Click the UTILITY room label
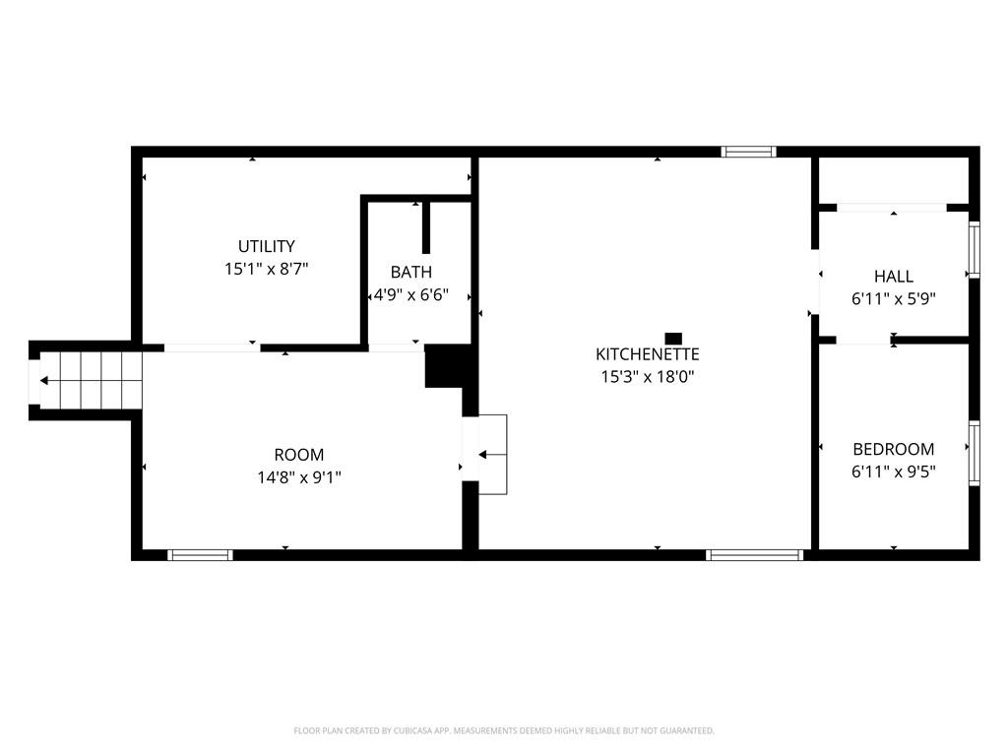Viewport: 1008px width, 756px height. pos(266,246)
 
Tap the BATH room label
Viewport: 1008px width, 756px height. pos(410,272)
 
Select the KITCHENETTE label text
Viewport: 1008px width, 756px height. pos(648,354)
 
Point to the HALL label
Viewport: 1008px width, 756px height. pos(894,277)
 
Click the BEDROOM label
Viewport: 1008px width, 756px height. pos(894,449)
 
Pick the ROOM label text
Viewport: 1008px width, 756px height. pos(298,455)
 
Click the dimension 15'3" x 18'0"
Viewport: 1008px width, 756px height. pos(648,376)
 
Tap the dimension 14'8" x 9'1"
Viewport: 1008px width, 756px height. pos(298,477)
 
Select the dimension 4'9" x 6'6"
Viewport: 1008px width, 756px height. pos(410,294)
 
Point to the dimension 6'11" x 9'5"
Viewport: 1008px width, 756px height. pos(894,472)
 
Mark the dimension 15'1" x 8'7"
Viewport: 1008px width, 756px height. pos(266,268)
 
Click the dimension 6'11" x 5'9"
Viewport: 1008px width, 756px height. pos(894,299)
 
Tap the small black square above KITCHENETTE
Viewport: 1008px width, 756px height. pos(673,339)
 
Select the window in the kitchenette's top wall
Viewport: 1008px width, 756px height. pos(749,152)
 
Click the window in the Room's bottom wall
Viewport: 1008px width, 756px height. pos(200,555)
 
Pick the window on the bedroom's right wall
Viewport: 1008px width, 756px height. pos(975,453)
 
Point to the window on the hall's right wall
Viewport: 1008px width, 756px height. pos(975,250)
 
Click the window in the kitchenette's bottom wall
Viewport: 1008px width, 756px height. pos(755,555)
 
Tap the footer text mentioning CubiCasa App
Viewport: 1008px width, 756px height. pos(504,730)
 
